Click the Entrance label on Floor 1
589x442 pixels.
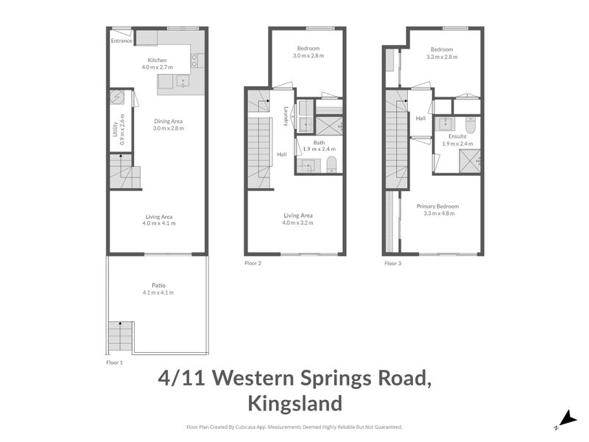coord(121,41)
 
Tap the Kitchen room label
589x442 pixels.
coord(157,60)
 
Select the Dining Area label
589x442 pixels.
coord(168,121)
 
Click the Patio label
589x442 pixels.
coord(158,285)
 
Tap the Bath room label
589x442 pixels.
coord(318,143)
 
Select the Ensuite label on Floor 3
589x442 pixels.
coord(457,136)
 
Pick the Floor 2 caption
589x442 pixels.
coord(253,263)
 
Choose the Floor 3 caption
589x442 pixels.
coord(392,263)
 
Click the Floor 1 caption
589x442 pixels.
coord(114,362)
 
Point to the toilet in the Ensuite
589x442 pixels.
coord(472,126)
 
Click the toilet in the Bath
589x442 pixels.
coord(331,164)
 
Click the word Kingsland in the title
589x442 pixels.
coord(294,403)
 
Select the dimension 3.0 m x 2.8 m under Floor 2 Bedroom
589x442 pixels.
coord(307,56)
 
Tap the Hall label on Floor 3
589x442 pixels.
coord(420,118)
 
